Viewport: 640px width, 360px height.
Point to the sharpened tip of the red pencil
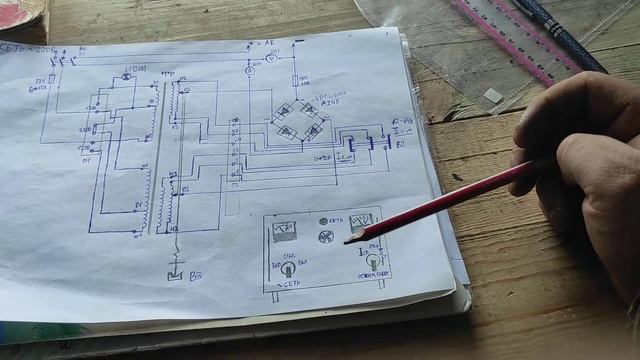[x=347, y=240]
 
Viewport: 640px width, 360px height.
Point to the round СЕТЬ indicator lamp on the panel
[x=323, y=221]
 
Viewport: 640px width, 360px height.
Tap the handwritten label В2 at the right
[x=400, y=145]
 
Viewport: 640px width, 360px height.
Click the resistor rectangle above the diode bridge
[x=296, y=80]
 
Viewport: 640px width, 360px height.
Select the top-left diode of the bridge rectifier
[x=284, y=111]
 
